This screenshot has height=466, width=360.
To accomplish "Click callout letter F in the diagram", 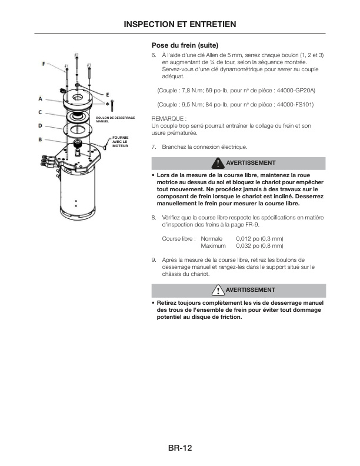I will click(43, 64).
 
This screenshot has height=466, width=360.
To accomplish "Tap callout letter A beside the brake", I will click(40, 98).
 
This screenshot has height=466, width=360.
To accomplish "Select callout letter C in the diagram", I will click(40, 112).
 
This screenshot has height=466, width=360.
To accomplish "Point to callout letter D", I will click(40, 125).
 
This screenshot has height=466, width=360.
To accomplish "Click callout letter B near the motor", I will click(40, 139).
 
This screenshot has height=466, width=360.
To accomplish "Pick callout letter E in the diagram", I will click(107, 94).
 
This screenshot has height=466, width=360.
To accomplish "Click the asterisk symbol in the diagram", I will click(106, 104).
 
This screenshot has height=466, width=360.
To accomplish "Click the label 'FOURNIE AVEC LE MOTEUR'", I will click(120, 141).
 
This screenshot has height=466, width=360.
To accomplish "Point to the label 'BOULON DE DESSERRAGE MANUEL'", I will click(115, 119).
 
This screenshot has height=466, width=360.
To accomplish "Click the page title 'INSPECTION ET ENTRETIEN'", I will click(180, 24).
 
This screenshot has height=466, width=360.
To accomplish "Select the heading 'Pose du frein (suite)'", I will click(185, 45).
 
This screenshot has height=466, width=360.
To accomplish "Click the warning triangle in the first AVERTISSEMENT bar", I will click(218, 163).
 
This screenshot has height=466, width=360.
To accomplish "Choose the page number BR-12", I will click(180, 448).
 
